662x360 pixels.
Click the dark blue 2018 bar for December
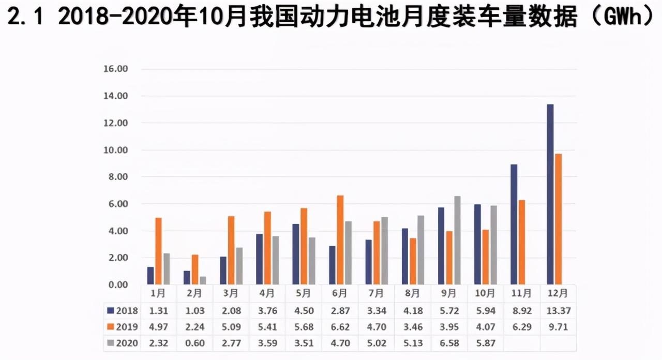point(550,194)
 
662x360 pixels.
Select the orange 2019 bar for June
point(340,240)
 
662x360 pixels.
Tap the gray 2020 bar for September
point(457,241)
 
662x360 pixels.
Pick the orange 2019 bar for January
point(158,251)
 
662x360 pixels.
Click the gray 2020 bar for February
point(203,280)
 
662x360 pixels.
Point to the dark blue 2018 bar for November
point(514,224)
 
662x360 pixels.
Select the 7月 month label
point(376,293)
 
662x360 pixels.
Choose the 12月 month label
point(558,293)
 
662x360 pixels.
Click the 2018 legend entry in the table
point(122,311)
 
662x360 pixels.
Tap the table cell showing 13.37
point(558,311)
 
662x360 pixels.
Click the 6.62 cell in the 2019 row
point(340,327)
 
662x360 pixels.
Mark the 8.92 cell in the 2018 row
point(521,311)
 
